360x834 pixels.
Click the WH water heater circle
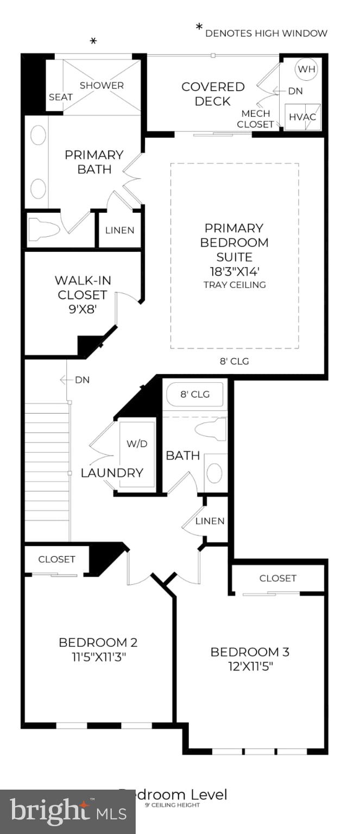tap(306, 69)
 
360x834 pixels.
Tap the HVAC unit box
tap(302, 117)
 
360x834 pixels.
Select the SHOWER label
tap(102, 85)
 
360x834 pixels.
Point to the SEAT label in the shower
tap(61, 97)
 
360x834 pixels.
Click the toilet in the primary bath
tap(43, 229)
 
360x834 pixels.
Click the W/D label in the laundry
tap(137, 444)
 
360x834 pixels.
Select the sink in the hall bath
tap(215, 473)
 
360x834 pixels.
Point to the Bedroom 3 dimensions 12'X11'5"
tap(250, 666)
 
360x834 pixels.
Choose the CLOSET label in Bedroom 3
tap(277, 578)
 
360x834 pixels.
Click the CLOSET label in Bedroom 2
tap(56, 559)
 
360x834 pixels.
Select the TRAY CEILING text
tap(235, 285)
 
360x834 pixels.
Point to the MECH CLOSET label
tap(257, 119)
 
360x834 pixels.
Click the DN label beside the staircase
tap(82, 380)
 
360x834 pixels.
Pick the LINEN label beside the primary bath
tap(119, 230)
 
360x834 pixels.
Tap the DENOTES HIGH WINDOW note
tap(266, 33)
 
